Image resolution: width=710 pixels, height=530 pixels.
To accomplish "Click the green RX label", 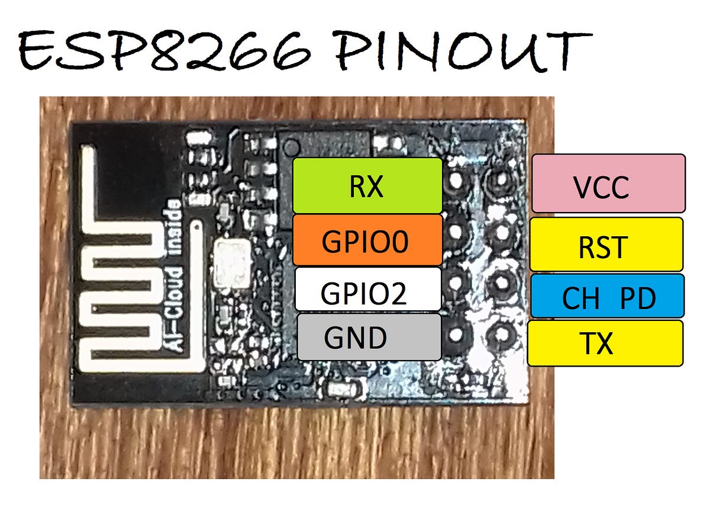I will click(x=367, y=185).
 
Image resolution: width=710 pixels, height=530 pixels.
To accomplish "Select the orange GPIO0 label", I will click(x=367, y=240).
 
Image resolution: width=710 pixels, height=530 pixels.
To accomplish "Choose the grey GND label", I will click(x=369, y=337).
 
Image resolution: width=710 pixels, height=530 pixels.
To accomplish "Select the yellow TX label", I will click(x=605, y=343).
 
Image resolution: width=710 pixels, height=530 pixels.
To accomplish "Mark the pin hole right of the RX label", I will click(x=457, y=181).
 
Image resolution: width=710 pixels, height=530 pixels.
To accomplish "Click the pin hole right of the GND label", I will click(x=456, y=335).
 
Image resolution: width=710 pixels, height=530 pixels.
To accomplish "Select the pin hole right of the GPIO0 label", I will click(x=457, y=232).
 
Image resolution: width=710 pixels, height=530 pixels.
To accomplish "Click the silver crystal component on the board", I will click(x=232, y=262).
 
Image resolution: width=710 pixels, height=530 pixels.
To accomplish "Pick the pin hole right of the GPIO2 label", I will click(x=456, y=283).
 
